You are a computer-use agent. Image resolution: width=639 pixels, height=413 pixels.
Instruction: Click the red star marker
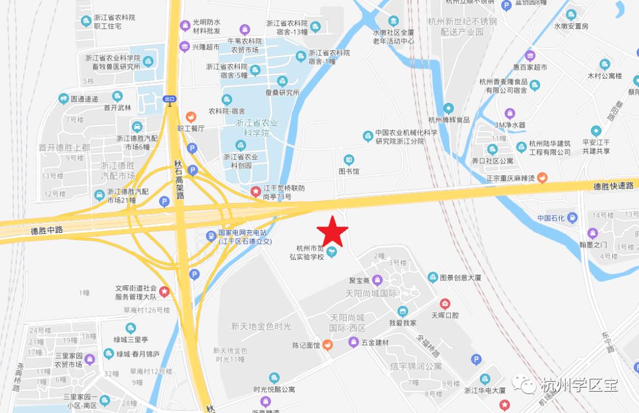pyautogui.click(x=333, y=230)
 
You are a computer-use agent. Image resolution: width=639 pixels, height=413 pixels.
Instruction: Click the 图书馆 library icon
pyautogui.click(x=349, y=159)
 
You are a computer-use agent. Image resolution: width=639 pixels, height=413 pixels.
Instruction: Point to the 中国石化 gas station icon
pyautogui.click(x=572, y=218)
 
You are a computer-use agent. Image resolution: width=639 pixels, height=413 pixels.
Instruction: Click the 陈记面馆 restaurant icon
pyautogui.click(x=327, y=345)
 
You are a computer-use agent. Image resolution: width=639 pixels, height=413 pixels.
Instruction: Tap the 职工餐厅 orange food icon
pyautogui.click(x=191, y=117)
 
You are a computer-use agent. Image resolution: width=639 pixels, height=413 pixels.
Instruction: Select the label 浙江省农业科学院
pyautogui.click(x=257, y=128)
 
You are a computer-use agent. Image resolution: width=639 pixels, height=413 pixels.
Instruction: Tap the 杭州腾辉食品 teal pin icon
pyautogui.click(x=449, y=108)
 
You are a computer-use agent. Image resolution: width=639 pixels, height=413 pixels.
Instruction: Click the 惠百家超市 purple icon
pyautogui.click(x=530, y=56)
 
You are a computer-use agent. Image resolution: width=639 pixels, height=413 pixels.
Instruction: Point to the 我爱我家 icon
pyautogui.click(x=403, y=311)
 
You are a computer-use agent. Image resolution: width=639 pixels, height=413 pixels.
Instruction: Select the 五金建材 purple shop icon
pyautogui.click(x=353, y=342)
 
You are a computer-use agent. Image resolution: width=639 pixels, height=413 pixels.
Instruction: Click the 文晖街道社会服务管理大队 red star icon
pyautogui.click(x=164, y=291)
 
